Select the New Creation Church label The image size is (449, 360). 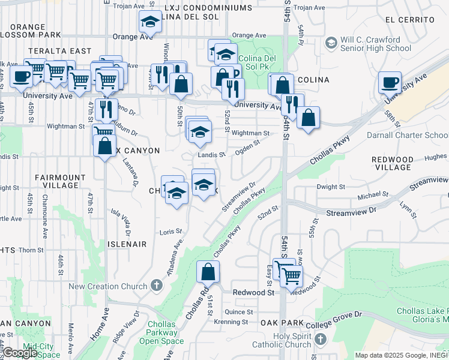108,286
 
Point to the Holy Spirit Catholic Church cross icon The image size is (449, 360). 321,340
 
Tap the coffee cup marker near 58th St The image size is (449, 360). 390,82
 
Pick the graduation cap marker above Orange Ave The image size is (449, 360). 149,22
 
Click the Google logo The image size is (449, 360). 20,353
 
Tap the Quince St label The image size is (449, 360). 239,312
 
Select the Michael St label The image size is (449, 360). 373,195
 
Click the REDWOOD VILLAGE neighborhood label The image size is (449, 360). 393,164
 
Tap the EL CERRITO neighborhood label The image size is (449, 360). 411,20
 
